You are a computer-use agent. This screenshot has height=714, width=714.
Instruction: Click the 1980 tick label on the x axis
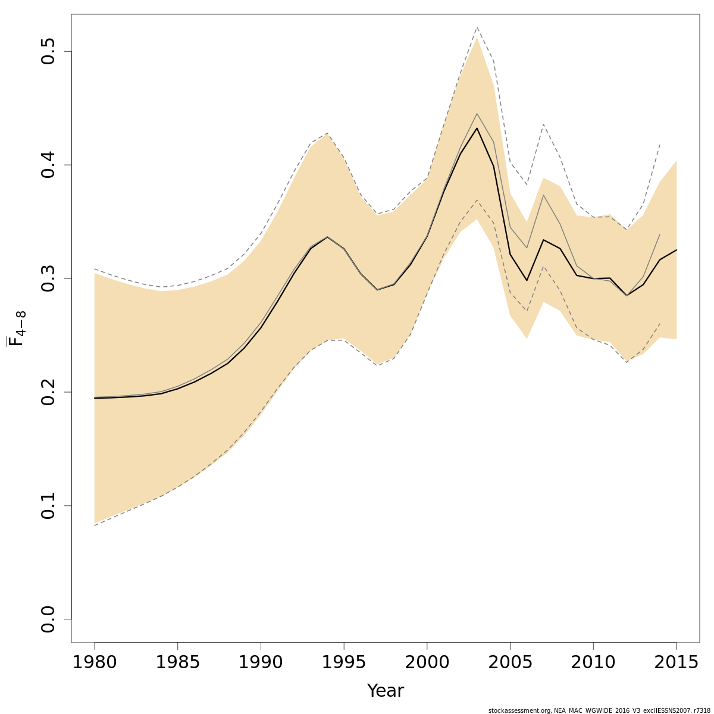click(x=95, y=662)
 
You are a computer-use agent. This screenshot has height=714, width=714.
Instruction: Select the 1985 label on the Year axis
click(x=177, y=662)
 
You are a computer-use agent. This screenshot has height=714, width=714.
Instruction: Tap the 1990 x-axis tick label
click(x=261, y=662)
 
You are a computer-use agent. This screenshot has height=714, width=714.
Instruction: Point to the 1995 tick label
click(x=344, y=662)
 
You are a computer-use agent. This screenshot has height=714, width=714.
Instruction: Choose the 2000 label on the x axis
click(x=427, y=662)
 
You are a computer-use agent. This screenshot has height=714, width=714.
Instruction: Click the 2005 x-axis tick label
click(x=510, y=662)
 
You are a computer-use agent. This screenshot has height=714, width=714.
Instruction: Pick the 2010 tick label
click(x=593, y=662)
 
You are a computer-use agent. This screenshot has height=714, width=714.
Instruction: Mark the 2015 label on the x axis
click(x=676, y=662)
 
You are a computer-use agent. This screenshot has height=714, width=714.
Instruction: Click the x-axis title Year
click(x=385, y=691)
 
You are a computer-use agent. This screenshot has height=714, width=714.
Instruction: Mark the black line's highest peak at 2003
click(x=477, y=128)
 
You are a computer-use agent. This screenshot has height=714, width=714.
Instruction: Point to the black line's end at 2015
click(x=677, y=250)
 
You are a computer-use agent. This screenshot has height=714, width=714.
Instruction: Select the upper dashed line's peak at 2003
click(x=477, y=27)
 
